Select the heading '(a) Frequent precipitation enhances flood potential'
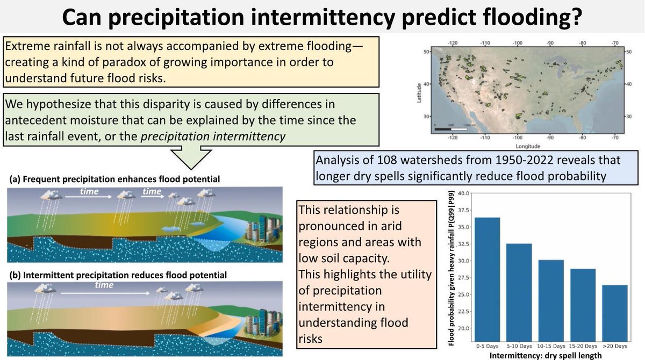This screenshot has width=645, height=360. pos(113,179)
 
